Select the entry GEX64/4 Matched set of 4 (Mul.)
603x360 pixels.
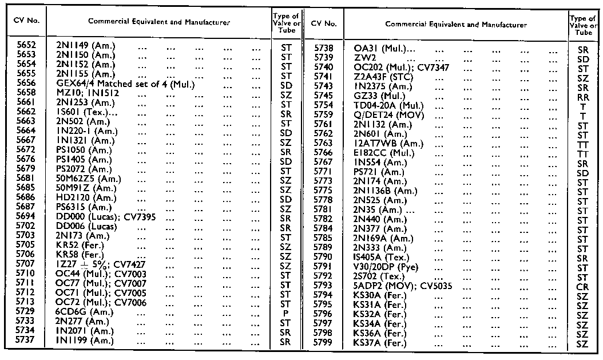(126, 85)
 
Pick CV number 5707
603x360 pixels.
(27, 266)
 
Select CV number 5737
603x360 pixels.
(27, 341)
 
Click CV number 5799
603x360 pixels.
(323, 343)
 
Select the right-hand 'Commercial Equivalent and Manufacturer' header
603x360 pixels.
(456, 25)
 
